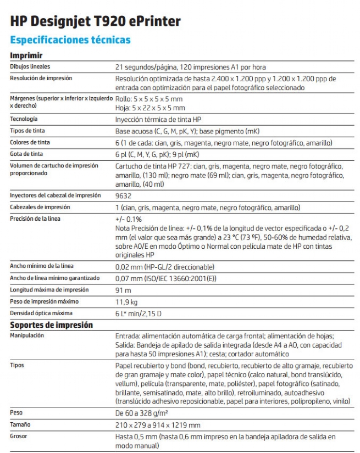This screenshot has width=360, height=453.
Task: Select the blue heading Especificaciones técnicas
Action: pyautogui.click(x=70, y=40)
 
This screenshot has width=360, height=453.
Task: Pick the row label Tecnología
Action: pyautogui.click(x=24, y=119)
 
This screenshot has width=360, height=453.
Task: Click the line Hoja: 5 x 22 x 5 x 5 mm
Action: pyautogui.click(x=150, y=108)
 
